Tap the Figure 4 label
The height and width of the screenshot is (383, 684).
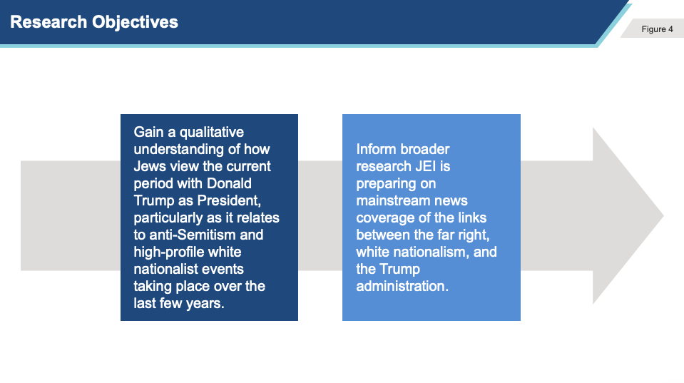[x=657, y=29]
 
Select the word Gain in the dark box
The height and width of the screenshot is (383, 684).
[x=148, y=132]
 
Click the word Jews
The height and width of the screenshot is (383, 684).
[x=150, y=166]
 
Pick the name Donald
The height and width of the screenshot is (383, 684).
[x=229, y=183]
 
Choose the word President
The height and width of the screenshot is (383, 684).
[x=229, y=200]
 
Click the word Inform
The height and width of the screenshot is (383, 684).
[x=376, y=149]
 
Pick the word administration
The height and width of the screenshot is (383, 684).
[x=402, y=286]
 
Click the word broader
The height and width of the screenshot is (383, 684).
[x=425, y=149]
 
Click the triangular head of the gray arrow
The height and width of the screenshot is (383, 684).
[x=628, y=215]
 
